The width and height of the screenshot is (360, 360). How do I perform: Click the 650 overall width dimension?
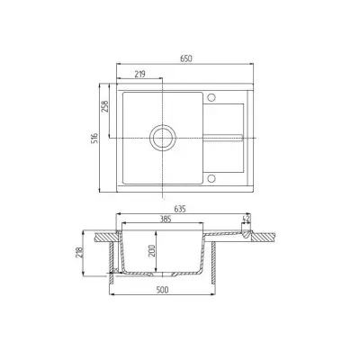pos(186,58)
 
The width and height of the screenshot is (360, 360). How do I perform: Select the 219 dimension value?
pos(139,74)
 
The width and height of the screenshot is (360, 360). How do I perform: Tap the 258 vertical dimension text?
pos(104,106)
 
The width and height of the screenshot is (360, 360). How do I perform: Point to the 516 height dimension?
pos(94,139)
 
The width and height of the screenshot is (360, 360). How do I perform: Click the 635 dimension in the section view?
pos(180,209)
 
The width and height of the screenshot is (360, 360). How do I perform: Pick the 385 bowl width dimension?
pos(166,219)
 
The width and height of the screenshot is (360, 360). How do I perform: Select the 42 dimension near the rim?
pos(247,219)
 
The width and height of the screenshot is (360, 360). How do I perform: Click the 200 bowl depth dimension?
pos(152,251)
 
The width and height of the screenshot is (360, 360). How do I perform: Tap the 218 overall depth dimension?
pos(79,254)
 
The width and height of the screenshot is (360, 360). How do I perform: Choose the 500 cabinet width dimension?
pos(163,290)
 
